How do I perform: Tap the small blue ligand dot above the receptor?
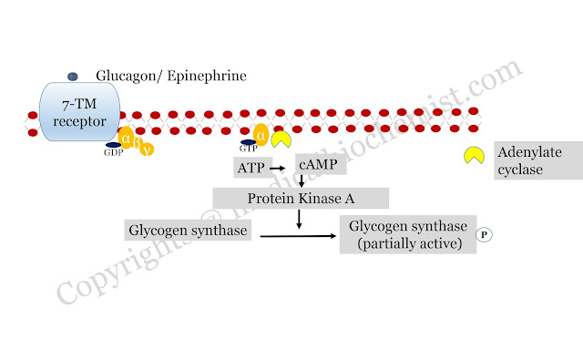[x=73, y=77]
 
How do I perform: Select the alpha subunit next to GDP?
[x=126, y=138]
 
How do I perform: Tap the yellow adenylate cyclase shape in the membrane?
[x=280, y=138]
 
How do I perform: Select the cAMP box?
[x=320, y=169]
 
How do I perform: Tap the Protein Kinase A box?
[x=301, y=198]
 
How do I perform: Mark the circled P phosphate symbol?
[x=485, y=235]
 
